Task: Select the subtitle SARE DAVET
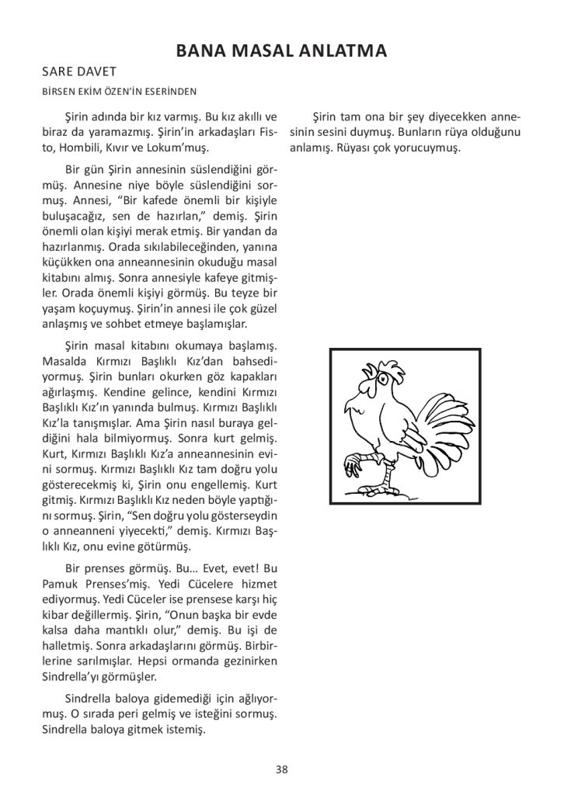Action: (x=78, y=71)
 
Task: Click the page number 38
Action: (x=281, y=769)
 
